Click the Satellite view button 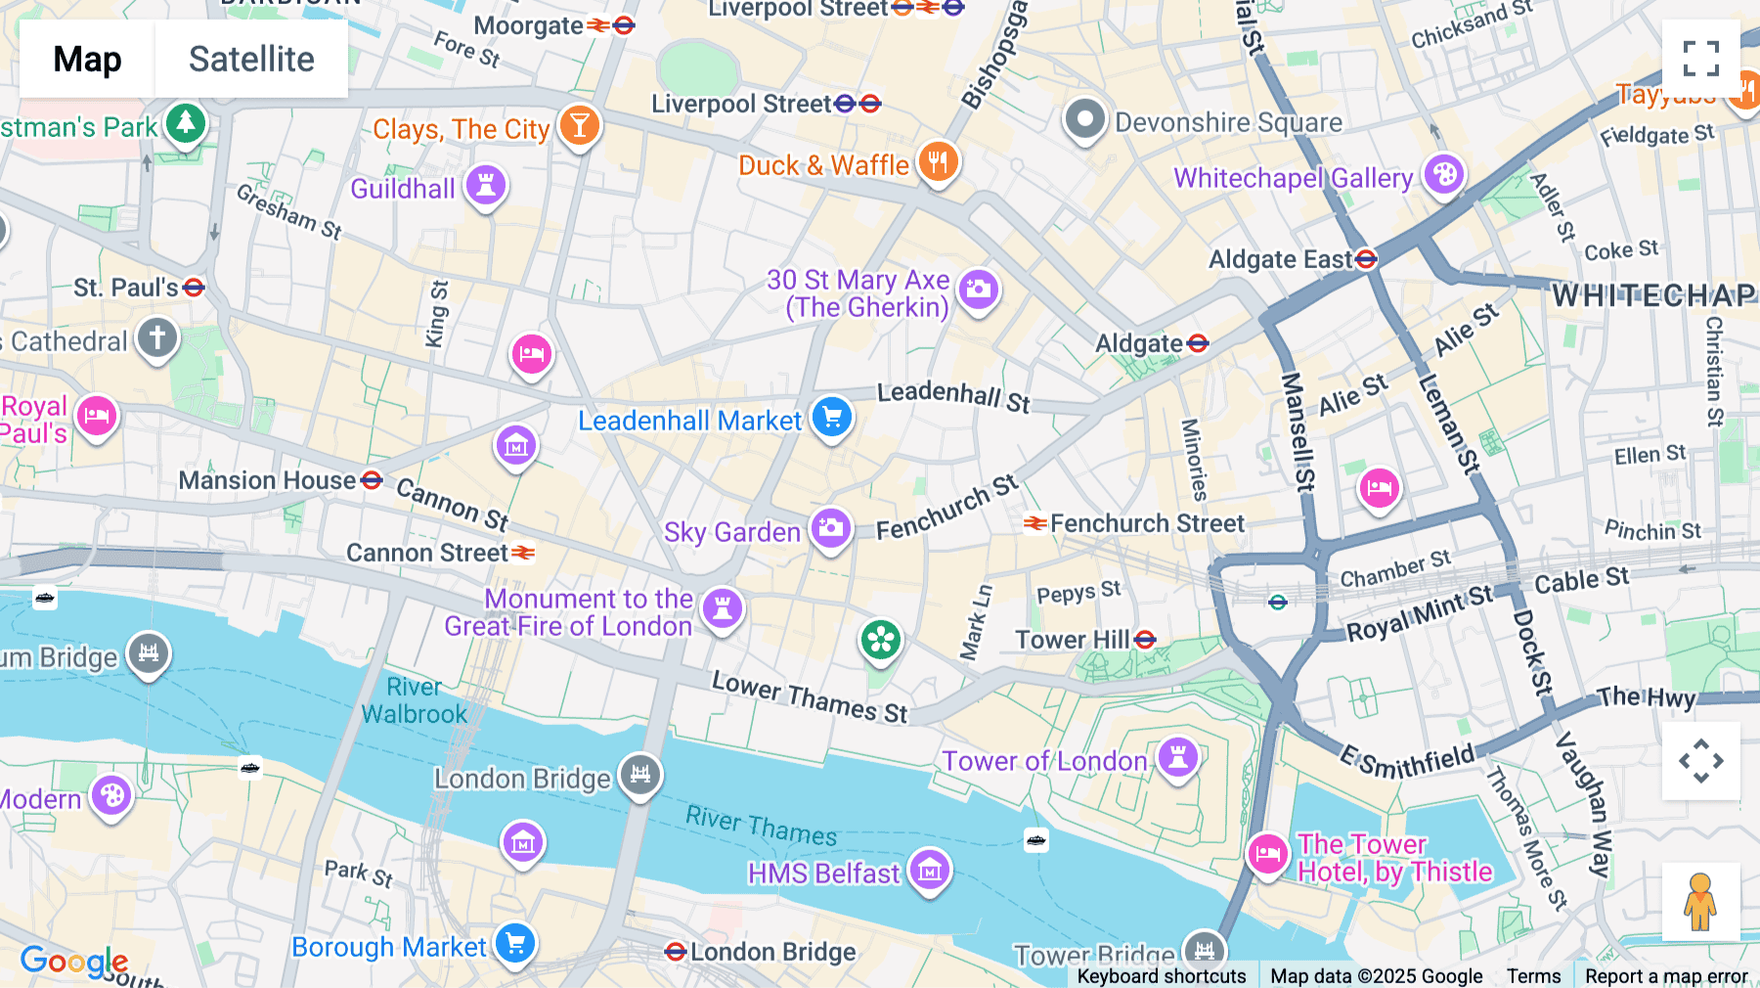tap(251, 59)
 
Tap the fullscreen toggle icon tap(1700, 59)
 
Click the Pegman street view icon tap(1700, 902)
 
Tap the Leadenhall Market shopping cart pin tap(832, 418)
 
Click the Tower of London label tap(1044, 761)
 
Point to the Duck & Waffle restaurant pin tap(938, 162)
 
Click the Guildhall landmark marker tap(486, 184)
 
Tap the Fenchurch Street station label tap(1146, 523)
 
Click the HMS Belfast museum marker tap(929, 869)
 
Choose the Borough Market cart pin tap(515, 944)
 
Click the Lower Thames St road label tap(810, 697)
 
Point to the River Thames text tap(761, 826)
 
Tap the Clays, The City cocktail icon tap(579, 125)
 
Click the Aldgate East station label tap(1280, 259)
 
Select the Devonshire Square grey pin tap(1084, 119)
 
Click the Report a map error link tap(1666, 976)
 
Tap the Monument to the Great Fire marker tap(723, 608)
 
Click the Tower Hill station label tap(1073, 640)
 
